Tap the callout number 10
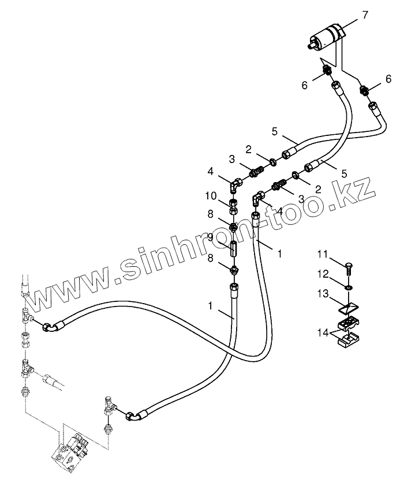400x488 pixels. click(x=212, y=196)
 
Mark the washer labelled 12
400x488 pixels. click(x=349, y=287)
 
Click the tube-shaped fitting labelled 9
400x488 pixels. click(x=234, y=250)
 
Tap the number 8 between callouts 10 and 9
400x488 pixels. click(x=211, y=214)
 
